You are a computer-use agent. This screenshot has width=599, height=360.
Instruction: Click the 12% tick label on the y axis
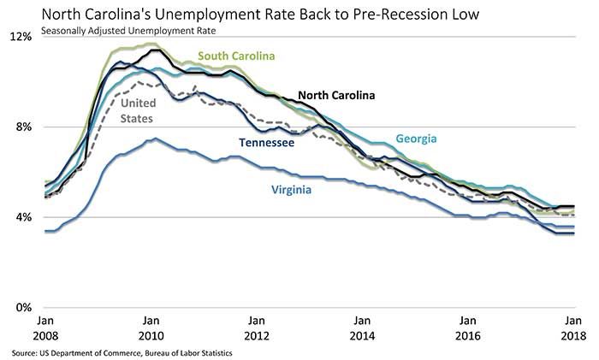[20, 37]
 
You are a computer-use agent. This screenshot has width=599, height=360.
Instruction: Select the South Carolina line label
[236, 56]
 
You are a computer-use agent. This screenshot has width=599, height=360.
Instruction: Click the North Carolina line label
[336, 96]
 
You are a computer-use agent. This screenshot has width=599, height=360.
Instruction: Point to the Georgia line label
[418, 139]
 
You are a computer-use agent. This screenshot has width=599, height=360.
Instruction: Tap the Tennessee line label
[266, 144]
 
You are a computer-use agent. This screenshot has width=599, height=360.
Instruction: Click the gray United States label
[137, 110]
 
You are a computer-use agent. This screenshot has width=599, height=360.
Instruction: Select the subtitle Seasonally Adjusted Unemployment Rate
[116, 31]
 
